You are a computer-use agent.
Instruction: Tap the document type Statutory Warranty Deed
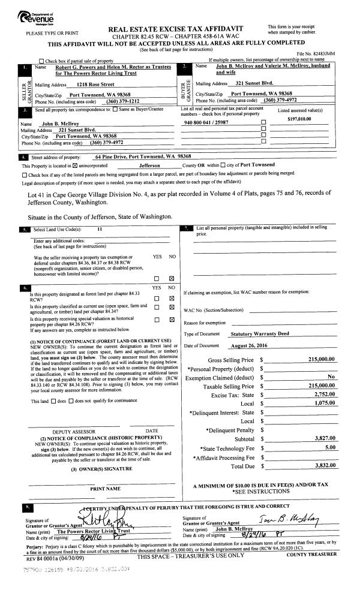[x=254, y=333]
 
